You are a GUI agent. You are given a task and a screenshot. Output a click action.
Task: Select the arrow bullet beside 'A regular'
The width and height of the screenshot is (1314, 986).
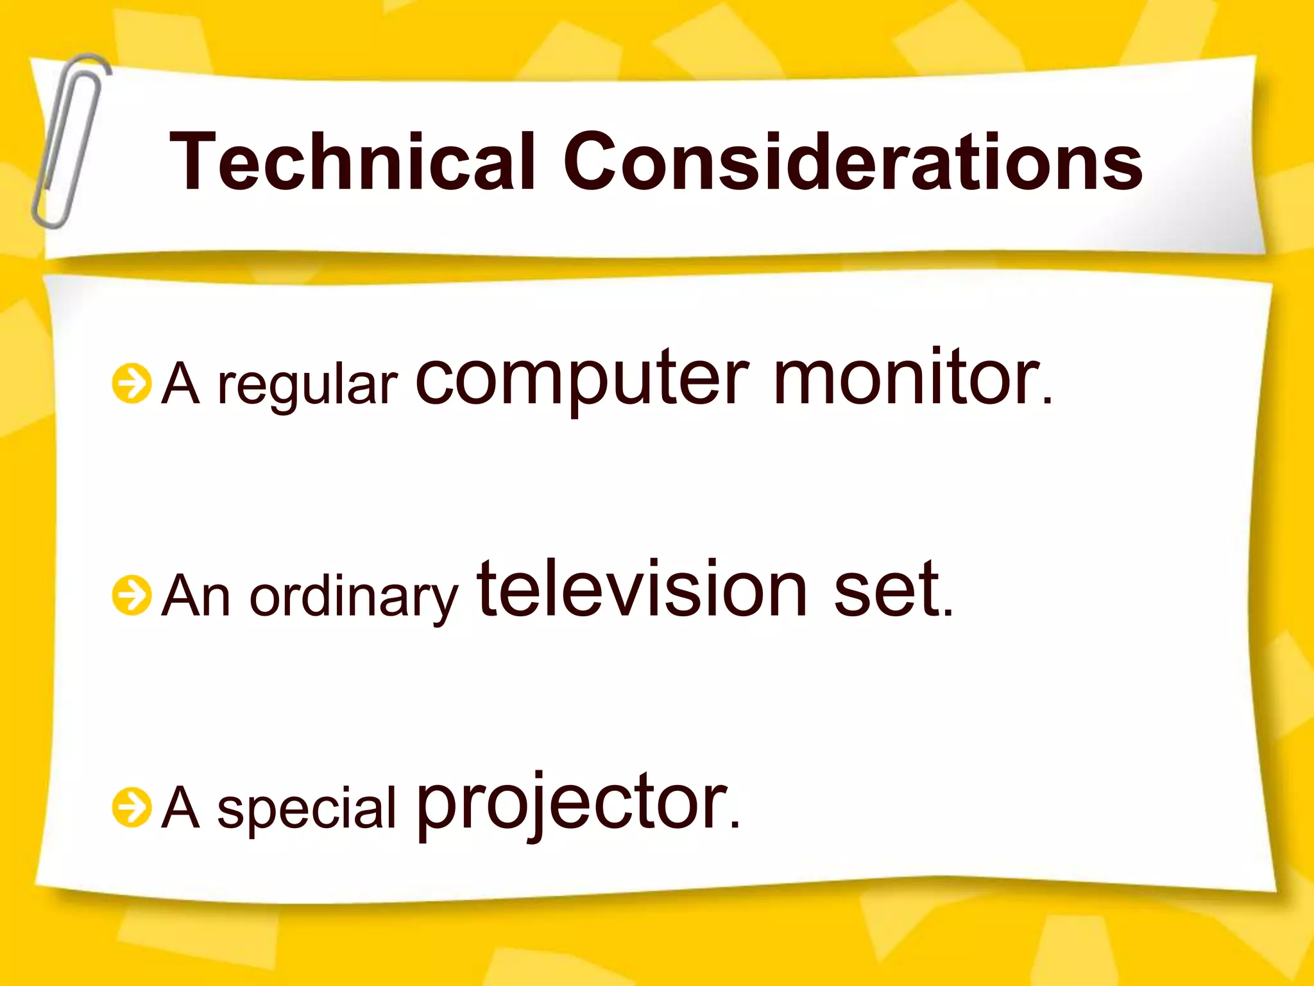(132, 384)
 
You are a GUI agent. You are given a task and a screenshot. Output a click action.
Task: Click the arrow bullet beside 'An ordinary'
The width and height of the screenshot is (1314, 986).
(132, 595)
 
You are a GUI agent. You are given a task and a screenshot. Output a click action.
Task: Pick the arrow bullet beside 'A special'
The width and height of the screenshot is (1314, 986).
(132, 807)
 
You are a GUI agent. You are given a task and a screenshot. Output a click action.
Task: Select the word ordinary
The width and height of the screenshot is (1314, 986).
(354, 597)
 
